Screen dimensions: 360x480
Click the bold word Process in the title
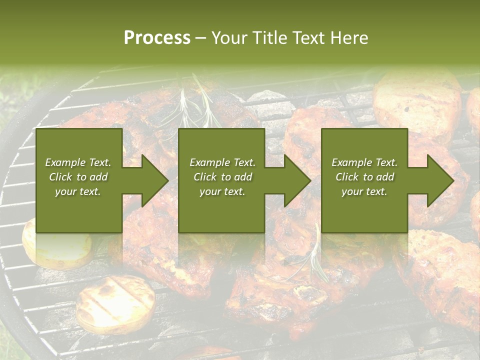157,38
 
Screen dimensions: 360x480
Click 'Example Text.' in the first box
78,162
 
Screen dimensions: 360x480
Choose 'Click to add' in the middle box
222,177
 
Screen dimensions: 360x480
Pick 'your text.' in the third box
364,191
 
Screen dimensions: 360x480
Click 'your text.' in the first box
78,191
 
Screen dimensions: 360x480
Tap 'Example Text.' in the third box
364,162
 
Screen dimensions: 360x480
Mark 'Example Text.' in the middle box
222,162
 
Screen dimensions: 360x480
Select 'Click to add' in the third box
364,177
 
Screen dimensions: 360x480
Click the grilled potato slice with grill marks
115,304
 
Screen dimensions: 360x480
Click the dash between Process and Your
200,38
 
